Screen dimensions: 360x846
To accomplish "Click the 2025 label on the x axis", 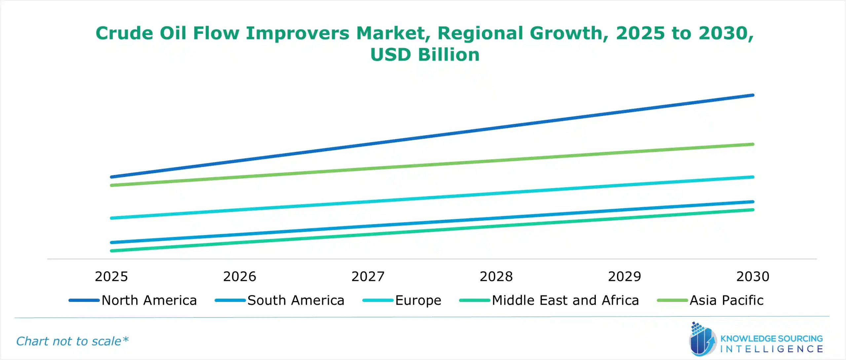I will (111, 276).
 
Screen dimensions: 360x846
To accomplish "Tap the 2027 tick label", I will (368, 276).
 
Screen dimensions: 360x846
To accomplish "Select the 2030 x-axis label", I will (753, 276).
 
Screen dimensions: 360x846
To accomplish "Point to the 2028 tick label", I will (496, 276).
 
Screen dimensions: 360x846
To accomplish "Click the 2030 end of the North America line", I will (753, 95).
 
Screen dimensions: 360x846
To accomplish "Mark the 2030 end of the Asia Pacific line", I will (753, 144).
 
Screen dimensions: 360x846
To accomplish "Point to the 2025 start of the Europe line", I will (112, 218).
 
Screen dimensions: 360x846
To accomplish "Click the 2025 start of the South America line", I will (112, 242).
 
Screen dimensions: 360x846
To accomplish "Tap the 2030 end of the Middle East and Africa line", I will (753, 210).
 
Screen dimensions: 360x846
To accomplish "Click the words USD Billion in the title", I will (425, 54).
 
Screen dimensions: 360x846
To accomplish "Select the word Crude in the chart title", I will (124, 33).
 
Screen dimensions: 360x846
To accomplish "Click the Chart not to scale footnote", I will (72, 341).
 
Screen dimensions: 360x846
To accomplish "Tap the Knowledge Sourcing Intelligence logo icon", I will (702, 340).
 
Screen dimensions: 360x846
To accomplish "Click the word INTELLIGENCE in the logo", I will (771, 349).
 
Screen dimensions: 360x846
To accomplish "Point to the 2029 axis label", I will (624, 276).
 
